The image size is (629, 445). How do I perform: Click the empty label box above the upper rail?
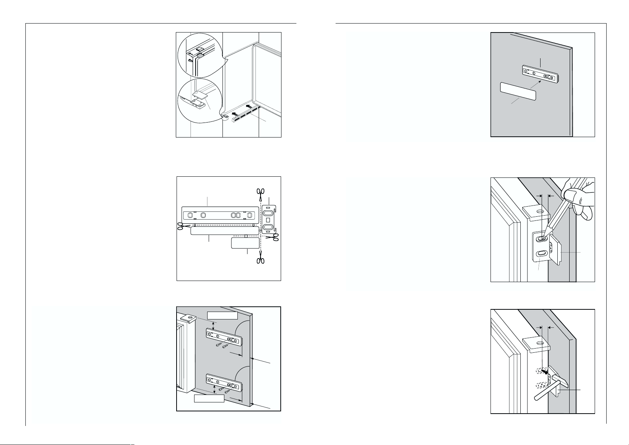pyautogui.click(x=223, y=315)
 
